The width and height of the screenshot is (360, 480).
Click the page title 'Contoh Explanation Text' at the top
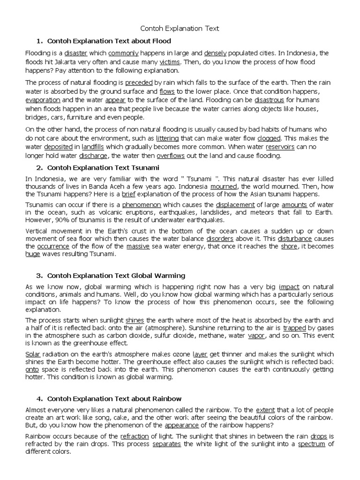(180, 29)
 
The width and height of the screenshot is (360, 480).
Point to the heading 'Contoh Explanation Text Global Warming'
(110, 275)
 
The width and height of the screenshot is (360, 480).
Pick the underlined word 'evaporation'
(43, 100)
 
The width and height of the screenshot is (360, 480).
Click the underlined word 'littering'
(167, 138)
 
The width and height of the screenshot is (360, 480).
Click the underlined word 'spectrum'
(312, 443)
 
